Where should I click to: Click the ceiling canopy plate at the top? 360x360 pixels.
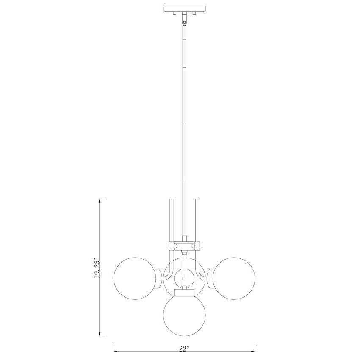(184, 8)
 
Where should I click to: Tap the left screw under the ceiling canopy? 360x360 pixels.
(174, 13)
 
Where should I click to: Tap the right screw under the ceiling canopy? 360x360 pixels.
(194, 13)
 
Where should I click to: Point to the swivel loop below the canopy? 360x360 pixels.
(184, 22)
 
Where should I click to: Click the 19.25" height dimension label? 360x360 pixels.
(97, 269)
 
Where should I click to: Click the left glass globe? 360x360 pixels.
(135, 278)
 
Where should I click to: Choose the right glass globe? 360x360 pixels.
(234, 278)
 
